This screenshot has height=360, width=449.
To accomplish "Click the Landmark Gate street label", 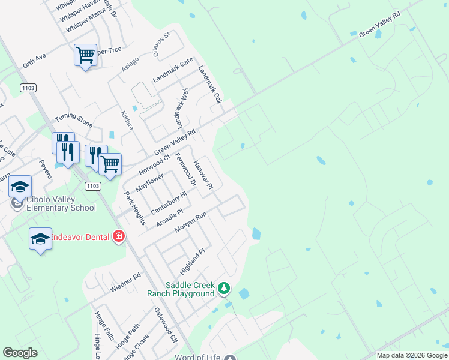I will tap(173, 70).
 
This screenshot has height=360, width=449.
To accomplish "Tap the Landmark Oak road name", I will tap(210, 84).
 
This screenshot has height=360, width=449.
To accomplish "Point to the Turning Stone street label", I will tap(74, 121).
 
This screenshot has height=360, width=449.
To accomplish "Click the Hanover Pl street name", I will tap(203, 175).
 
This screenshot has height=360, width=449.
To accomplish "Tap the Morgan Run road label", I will tap(190, 223).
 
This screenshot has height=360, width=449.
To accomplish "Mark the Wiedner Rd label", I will tap(125, 283).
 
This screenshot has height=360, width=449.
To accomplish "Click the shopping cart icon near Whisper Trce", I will tap(85, 55).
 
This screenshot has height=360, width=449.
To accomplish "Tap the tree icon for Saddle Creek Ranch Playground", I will tap(224, 289).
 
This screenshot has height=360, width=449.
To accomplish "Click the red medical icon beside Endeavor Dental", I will tap(119, 236).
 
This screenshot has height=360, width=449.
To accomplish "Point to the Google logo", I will tap(20, 352).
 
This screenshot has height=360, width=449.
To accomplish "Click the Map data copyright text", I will tap(411, 355).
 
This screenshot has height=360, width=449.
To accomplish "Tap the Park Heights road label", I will tap(135, 208).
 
